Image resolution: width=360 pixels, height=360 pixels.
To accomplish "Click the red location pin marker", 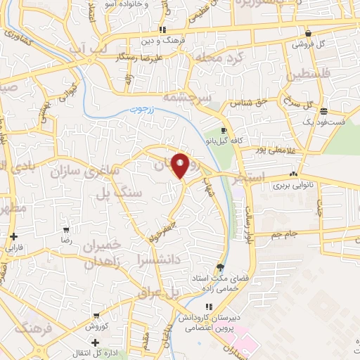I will pos(181,165).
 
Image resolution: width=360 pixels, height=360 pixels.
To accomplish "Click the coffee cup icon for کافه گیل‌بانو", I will pos(224,130).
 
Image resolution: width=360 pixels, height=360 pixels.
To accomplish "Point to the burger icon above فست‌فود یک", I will pos(323,111).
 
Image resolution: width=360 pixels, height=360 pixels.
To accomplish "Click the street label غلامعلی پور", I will pos(273,148).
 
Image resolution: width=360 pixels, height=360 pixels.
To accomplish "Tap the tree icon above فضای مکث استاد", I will pos(221,266).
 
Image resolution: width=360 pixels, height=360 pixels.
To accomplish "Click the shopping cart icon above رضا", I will pos(66,230).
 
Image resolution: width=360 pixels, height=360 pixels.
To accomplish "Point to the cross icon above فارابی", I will pos(13,237).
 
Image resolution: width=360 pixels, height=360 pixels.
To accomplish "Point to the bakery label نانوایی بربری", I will pos(291,187).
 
